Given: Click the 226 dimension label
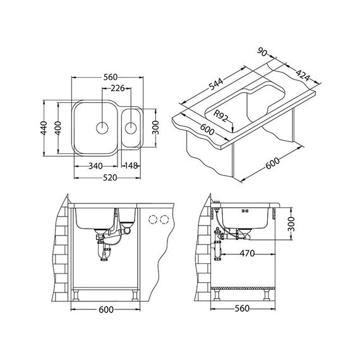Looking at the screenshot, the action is click(x=117, y=88).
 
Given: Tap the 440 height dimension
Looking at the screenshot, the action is click(x=44, y=128).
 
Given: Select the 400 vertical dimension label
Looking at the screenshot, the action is click(x=58, y=128).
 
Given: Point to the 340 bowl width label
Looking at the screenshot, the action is click(x=95, y=165).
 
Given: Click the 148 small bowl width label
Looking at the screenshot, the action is click(x=131, y=165).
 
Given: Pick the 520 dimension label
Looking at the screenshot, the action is click(x=110, y=177).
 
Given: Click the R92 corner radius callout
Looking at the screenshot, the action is click(x=220, y=116).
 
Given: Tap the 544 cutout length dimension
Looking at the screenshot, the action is click(x=216, y=84).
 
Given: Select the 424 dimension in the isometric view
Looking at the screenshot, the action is click(x=303, y=75).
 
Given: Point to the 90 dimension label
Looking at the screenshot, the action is click(x=262, y=52).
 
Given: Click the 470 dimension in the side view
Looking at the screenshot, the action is click(x=248, y=253).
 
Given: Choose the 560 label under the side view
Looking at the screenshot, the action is click(x=242, y=308).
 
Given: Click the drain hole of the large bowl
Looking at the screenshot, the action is click(x=102, y=128).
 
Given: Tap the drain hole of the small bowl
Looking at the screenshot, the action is click(x=131, y=128).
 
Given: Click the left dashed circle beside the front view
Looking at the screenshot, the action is click(x=153, y=220).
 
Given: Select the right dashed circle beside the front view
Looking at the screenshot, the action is click(x=164, y=220).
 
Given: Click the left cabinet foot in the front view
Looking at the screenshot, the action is click(x=76, y=296).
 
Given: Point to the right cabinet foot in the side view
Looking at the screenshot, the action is click(x=267, y=295).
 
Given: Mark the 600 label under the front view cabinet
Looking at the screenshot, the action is click(x=106, y=309).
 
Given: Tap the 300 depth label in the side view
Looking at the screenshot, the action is click(x=291, y=224).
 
